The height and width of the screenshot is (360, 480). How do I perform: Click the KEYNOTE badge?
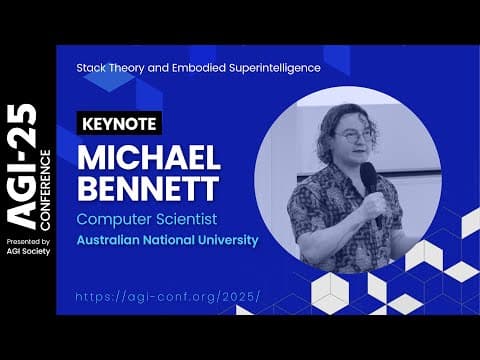tap(119, 124)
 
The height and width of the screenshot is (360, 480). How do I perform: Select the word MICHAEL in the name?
tap(147, 158)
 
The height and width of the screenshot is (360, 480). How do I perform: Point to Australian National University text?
tap(167, 240)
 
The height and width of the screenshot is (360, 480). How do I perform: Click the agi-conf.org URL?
tap(168, 297)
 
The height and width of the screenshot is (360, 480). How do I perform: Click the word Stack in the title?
tap(91, 68)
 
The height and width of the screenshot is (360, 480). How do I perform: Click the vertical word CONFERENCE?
tap(46, 187)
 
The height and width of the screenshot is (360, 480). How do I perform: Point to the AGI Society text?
tap(28, 251)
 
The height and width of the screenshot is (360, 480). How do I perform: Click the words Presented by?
tap(28, 241)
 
